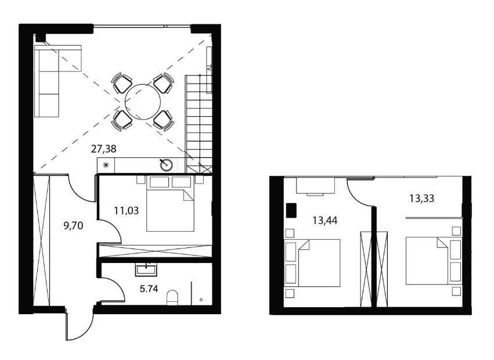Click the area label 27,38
103,149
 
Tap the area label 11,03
126,210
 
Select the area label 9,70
73,225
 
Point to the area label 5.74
149,289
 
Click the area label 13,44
325,220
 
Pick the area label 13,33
421,198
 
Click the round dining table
143,102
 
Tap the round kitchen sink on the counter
166,164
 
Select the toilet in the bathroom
172,297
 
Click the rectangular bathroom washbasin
146,271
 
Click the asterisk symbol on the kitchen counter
106,164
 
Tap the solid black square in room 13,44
291,211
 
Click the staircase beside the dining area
199,124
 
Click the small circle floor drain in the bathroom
201,300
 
